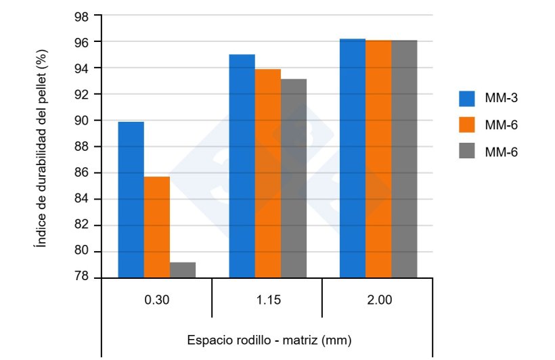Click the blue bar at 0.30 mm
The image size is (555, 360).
131,200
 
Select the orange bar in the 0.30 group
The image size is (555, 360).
157,227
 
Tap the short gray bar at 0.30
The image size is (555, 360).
183,270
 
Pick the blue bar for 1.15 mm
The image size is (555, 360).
242,166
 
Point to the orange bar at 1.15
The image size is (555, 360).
267,173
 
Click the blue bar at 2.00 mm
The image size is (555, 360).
352,158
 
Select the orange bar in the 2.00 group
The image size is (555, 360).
378,159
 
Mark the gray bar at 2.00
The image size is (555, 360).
404,159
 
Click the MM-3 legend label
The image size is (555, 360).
502,98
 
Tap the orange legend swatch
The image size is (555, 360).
468,125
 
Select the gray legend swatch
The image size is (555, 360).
468,152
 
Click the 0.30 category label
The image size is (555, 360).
157,299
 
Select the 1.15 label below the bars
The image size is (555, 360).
267,299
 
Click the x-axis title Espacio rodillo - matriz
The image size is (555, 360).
269,339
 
